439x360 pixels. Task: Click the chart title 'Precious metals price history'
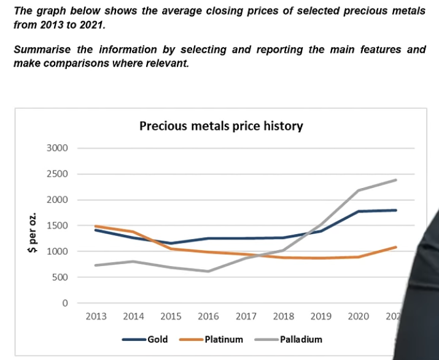click(x=221, y=126)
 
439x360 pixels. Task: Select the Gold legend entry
click(x=145, y=339)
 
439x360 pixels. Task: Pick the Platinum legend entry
click(x=211, y=339)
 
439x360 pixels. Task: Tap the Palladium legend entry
click(x=289, y=339)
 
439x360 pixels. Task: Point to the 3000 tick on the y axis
click(x=57, y=148)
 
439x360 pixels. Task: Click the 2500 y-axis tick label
click(x=57, y=174)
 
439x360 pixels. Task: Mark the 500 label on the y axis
click(x=60, y=277)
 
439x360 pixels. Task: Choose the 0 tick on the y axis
click(x=65, y=303)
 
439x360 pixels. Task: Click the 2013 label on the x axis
click(x=96, y=316)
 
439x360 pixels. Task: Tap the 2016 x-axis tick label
click(x=208, y=316)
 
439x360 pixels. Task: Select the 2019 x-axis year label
click(x=321, y=316)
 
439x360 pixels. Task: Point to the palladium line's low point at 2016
click(x=208, y=271)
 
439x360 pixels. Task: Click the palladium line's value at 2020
click(x=359, y=190)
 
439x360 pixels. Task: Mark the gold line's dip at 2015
click(x=171, y=243)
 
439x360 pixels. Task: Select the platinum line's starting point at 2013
click(x=96, y=226)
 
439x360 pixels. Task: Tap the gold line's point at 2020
click(x=359, y=211)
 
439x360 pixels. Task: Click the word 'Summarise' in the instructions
click(x=42, y=50)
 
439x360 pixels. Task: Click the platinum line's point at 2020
click(x=359, y=257)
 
